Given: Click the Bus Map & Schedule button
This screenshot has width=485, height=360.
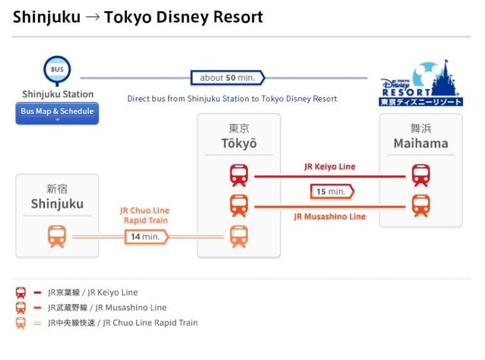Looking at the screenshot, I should [57, 113].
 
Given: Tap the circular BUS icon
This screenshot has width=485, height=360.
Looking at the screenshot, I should [57, 69].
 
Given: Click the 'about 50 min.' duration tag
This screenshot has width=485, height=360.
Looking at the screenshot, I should [227, 78].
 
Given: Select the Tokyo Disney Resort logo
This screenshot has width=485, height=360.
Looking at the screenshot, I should [421, 84].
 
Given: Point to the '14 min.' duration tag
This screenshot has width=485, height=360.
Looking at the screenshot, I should [146, 237].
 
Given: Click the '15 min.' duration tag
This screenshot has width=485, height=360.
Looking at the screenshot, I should [332, 191].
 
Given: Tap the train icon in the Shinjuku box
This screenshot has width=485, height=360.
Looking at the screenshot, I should [57, 236].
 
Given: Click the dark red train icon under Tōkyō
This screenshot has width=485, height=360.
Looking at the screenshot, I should [239, 176].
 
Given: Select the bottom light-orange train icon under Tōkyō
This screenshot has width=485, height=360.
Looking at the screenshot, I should [239, 236].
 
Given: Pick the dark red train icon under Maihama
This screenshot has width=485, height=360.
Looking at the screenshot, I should [421, 176].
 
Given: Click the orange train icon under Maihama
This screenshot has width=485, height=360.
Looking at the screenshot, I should [421, 205].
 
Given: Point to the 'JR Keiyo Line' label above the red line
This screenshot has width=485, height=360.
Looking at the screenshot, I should [330, 167].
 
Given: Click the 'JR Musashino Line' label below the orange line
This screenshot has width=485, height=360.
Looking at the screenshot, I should [330, 217].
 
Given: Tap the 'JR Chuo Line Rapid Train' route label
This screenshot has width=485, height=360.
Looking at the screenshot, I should [145, 215].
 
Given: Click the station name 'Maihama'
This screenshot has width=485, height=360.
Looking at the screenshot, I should [421, 143].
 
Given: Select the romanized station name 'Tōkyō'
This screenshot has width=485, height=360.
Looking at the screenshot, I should [239, 143].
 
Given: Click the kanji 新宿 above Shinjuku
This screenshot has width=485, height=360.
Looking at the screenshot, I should [57, 189].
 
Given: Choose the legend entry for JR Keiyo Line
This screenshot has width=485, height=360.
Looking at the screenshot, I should [93, 292].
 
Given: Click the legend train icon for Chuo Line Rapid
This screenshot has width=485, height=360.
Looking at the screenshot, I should [21, 323].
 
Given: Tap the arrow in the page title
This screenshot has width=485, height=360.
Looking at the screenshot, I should [92, 17].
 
